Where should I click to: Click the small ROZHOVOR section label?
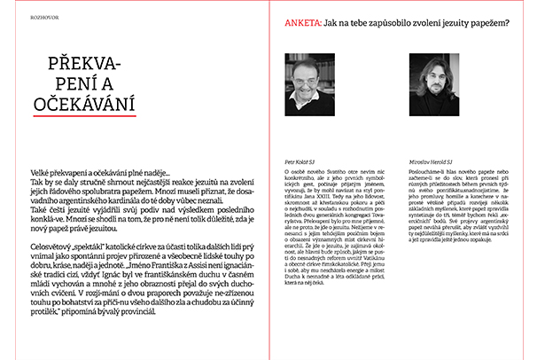(x=20, y=15)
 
